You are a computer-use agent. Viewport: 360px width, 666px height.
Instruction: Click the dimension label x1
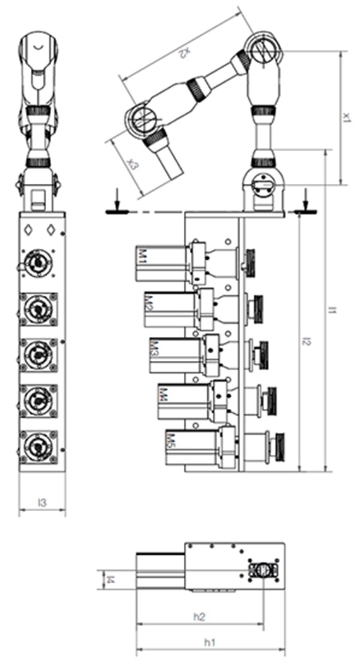[x=346, y=118]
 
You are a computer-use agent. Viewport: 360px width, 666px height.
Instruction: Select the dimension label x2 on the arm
[x=183, y=53]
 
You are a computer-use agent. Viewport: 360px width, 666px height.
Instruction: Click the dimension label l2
[x=306, y=342]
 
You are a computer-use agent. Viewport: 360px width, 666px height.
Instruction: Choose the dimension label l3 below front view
[x=42, y=504]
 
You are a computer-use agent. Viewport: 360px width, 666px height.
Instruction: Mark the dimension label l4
[x=110, y=578]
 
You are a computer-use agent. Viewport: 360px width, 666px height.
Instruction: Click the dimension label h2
[x=199, y=615]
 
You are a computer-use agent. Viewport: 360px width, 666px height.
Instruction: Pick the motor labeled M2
[x=167, y=310]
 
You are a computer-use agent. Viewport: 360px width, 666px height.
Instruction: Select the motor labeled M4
[x=183, y=401]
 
